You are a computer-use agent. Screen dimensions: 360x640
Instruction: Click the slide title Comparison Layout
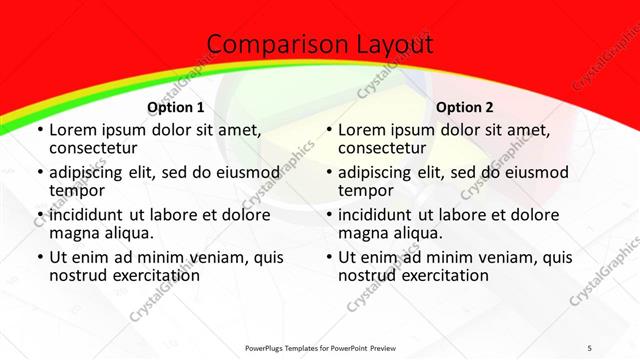pos(319,45)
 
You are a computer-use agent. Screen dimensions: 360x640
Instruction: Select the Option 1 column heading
pos(175,107)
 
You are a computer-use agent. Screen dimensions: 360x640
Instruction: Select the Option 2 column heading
pos(464,107)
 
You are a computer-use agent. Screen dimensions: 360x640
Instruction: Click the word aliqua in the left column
pos(129,233)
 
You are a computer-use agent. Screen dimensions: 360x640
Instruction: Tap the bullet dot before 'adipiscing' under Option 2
pos(328,173)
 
